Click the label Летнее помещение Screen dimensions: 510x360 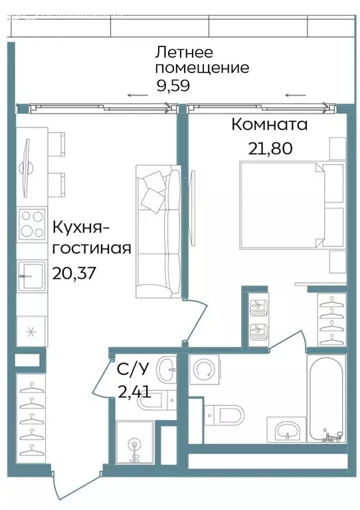coord(201,59)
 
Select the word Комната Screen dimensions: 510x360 coord(269,125)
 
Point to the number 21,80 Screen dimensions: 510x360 coord(270,148)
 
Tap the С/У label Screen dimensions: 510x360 coord(129,369)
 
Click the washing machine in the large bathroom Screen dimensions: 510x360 coord(205,371)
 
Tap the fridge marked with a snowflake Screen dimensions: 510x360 coord(30,330)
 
